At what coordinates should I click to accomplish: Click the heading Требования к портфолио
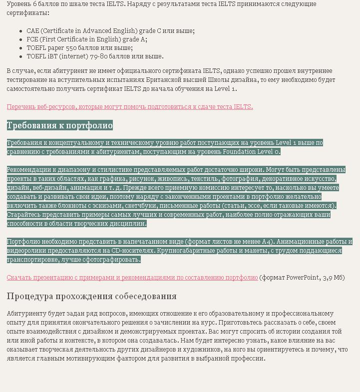tap(60, 125)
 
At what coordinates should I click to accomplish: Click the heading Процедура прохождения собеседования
tap(91, 296)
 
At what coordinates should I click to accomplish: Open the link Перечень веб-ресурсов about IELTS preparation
tap(130, 106)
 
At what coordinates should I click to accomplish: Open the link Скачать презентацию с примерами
tap(132, 278)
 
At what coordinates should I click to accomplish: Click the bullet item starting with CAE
tap(110, 31)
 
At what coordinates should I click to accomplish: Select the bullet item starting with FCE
tap(87, 39)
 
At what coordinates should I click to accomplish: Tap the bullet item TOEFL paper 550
tap(80, 48)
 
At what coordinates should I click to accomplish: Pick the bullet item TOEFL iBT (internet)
tap(95, 56)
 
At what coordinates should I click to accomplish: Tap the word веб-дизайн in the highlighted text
tap(44, 188)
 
